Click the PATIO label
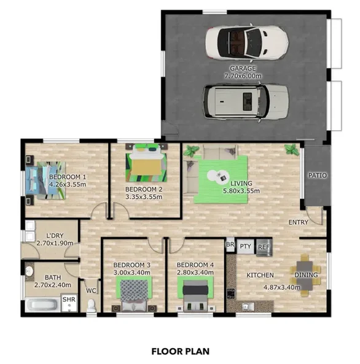[x=318, y=176]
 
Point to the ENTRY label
[x=299, y=222]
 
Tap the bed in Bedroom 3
[x=133, y=293]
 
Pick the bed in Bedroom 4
[x=195, y=293]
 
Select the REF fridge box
[x=264, y=247]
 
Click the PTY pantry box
[x=246, y=247]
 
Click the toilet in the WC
[x=92, y=304]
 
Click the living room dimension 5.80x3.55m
[x=240, y=191]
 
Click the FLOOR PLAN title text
[x=180, y=352]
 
